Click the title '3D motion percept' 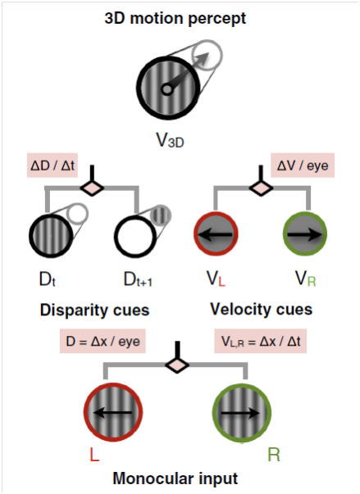click(175, 19)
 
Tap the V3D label click(170, 140)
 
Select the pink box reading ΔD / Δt click(52, 165)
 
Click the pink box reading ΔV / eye click(303, 165)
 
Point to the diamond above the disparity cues click(92, 188)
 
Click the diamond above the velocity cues click(262, 188)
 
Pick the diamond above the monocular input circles click(177, 365)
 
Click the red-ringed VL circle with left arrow click(216, 234)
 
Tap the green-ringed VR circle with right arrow click(305, 234)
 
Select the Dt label click(48, 279)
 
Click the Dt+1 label click(138, 279)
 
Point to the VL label click(216, 279)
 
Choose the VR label click(305, 279)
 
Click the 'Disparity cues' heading click(94, 310)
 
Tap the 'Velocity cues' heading click(262, 309)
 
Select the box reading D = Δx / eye click(103, 341)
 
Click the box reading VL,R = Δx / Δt click(261, 341)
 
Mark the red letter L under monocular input click(94, 455)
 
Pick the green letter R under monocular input click(274, 455)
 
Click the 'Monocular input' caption click(175, 478)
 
